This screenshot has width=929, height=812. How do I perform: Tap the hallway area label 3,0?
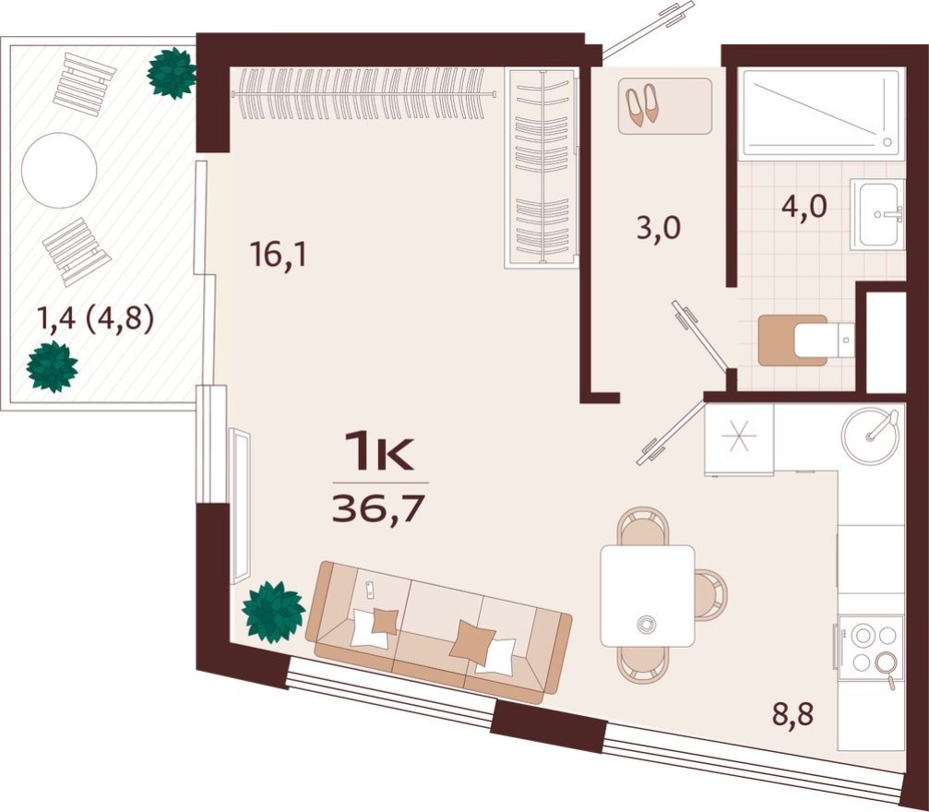click(659, 228)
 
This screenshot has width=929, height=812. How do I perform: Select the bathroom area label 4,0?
click(803, 204)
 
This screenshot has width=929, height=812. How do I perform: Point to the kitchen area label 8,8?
click(793, 712)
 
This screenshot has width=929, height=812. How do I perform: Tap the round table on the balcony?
click(59, 171)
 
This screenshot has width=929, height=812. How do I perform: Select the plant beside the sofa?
click(273, 612)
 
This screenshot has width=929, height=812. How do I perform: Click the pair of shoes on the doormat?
click(643, 104)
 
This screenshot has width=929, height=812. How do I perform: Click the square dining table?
click(647, 595)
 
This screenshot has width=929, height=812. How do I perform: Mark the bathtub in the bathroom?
click(820, 112)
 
